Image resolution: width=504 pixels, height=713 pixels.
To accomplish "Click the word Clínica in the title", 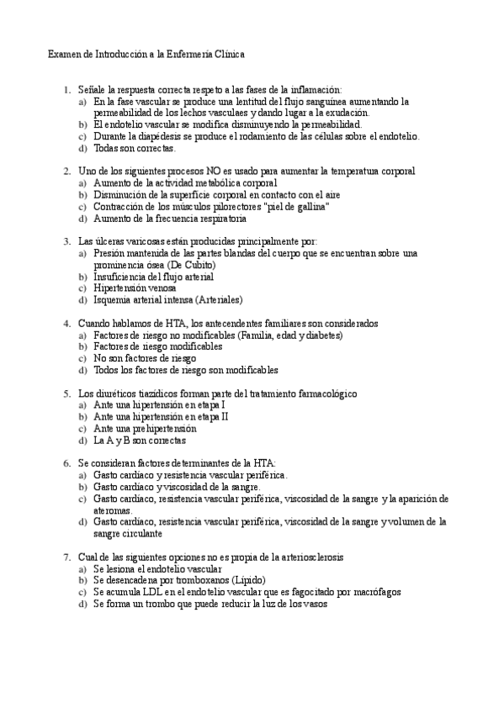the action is [227, 54].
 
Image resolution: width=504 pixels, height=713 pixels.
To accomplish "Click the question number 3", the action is [66, 241].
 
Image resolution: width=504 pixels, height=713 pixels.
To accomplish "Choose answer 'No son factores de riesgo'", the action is [145, 358].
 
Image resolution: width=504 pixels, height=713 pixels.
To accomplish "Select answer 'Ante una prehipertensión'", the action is [151, 428].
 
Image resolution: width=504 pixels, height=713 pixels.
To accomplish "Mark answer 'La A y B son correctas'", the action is [141, 440].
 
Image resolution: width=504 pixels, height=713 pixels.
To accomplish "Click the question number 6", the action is [66, 463].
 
